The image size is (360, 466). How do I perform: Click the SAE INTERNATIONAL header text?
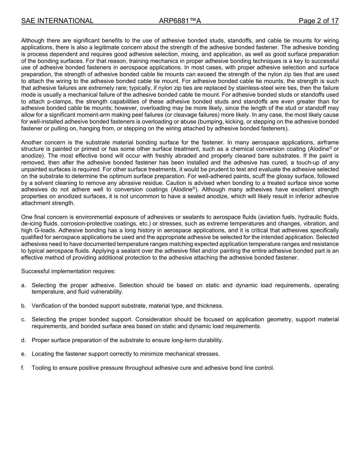pos(57,21)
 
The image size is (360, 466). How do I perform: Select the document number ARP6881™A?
pos(180,21)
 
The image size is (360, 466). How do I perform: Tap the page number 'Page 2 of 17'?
pos(318,21)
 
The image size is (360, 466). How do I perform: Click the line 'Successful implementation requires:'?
pos(68,271)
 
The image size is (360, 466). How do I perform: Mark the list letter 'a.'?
pos(23,285)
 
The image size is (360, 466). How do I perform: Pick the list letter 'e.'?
pos(23,354)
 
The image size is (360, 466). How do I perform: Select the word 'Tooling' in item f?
pos(42,367)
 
